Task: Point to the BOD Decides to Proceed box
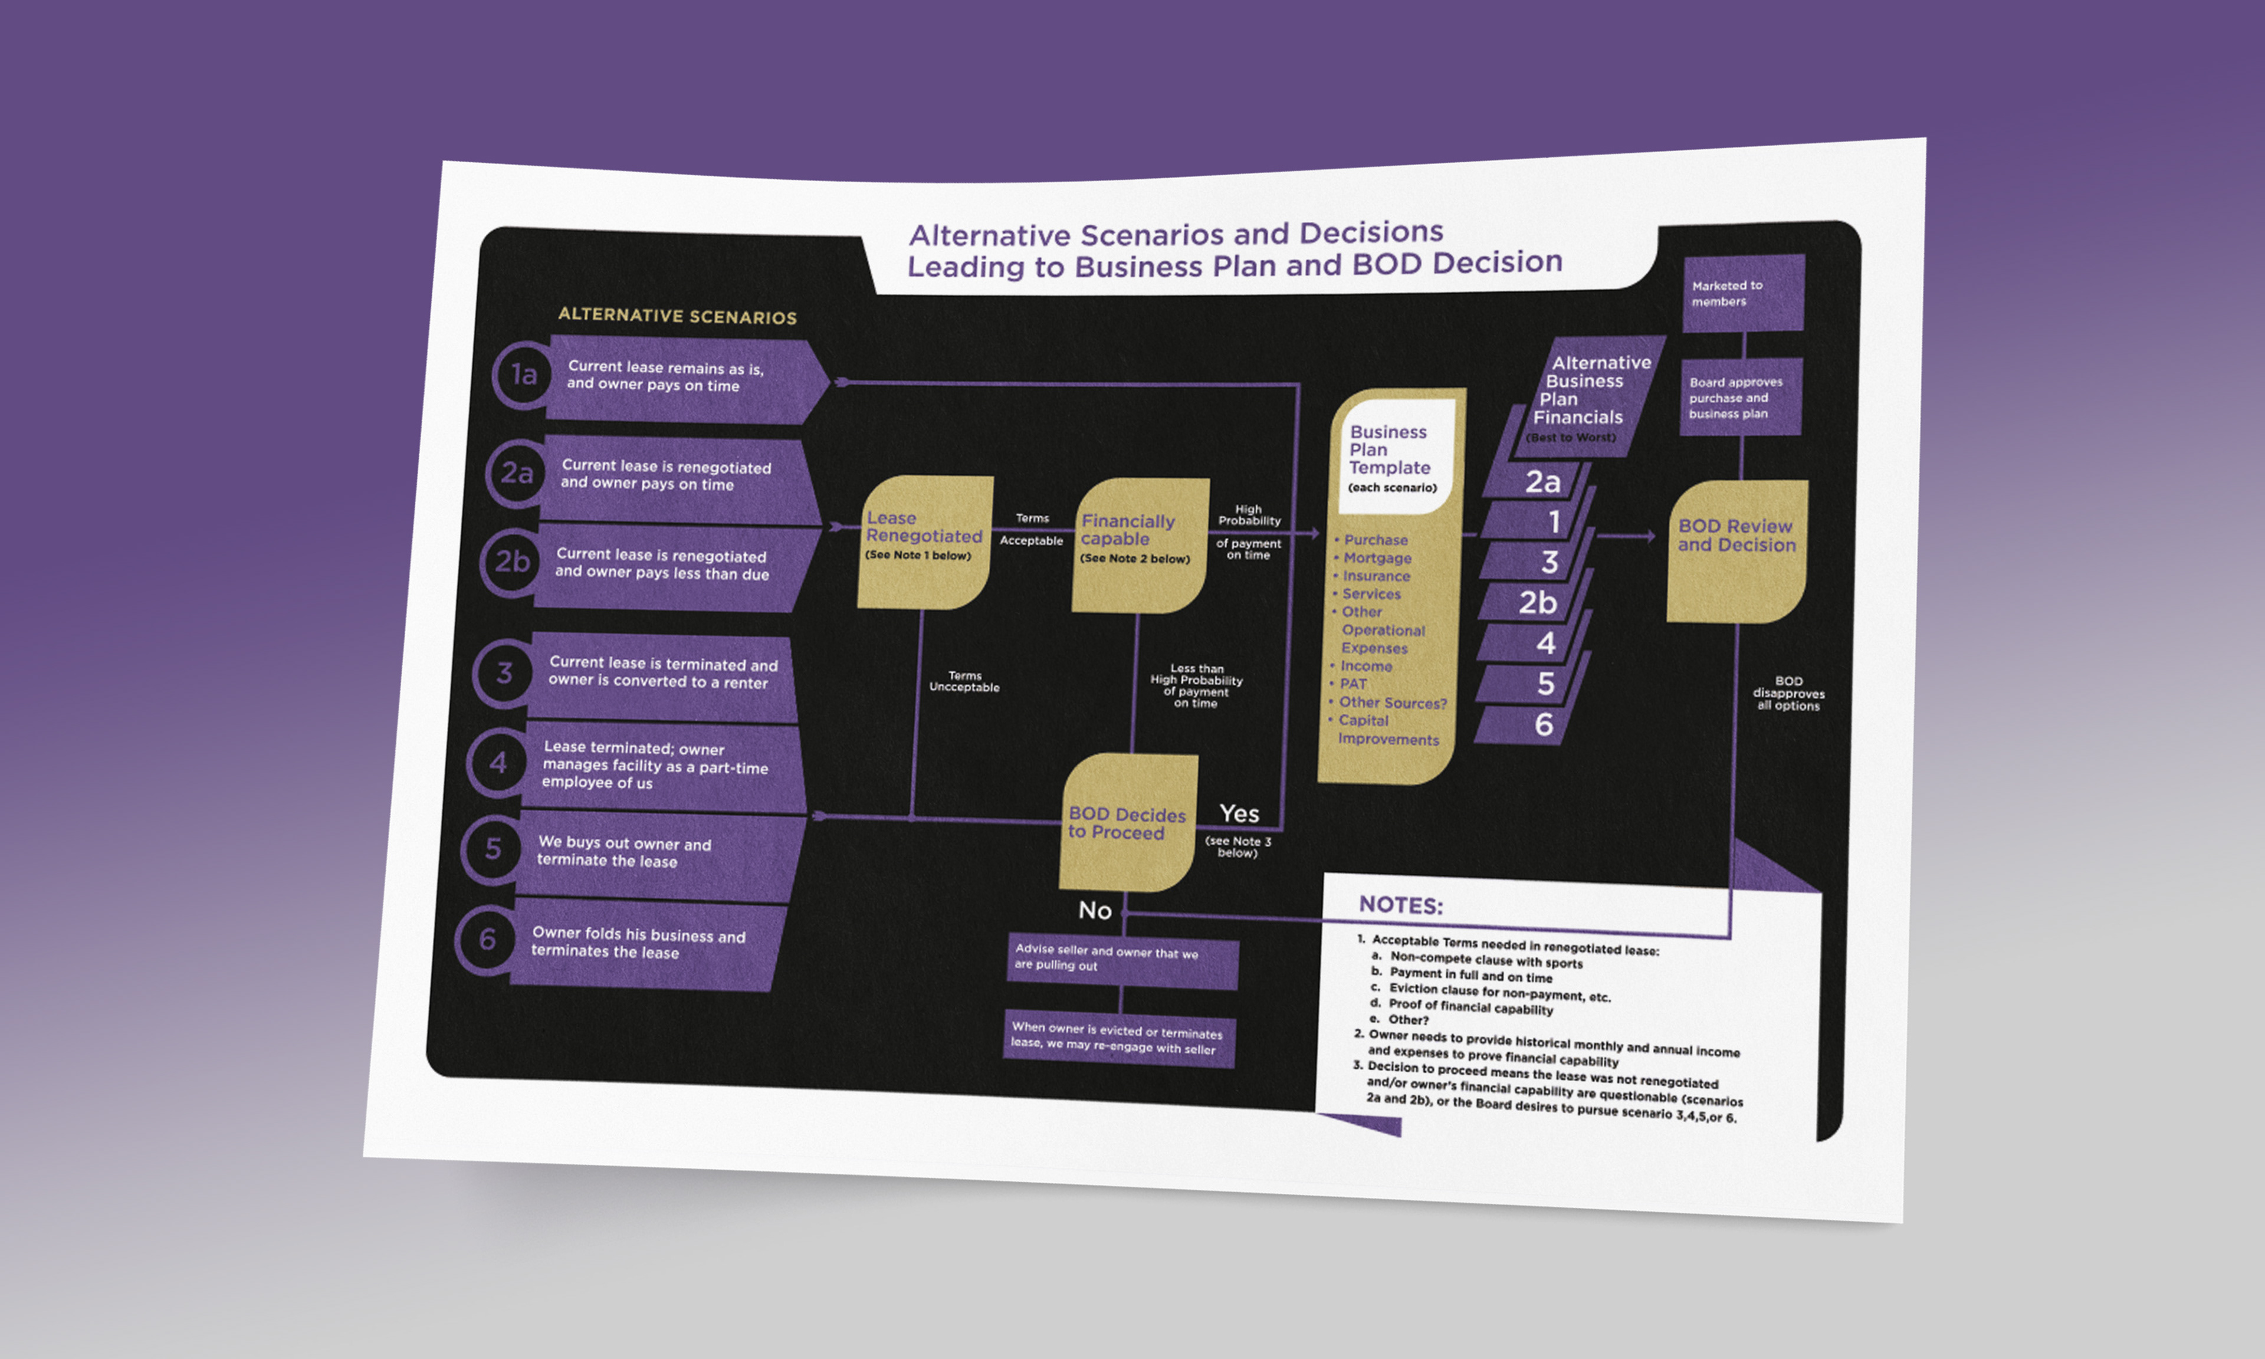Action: [x=1127, y=822]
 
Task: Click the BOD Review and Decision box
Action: [x=1736, y=550]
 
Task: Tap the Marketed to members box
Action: [x=1743, y=293]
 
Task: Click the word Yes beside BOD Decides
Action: [x=1239, y=813]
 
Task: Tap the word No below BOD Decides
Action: [x=1094, y=910]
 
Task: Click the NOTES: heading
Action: [x=1400, y=905]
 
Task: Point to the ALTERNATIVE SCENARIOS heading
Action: [x=678, y=316]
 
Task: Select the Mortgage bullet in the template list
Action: [x=1376, y=558]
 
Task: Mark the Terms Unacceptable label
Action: [x=964, y=681]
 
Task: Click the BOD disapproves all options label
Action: [x=1788, y=693]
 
